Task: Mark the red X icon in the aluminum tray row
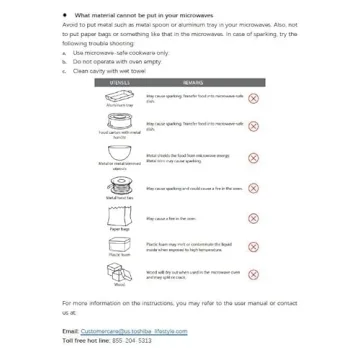pyautogui.click(x=253, y=99)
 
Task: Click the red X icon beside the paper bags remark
pyautogui.click(x=253, y=218)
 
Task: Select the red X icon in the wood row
pyautogui.click(x=253, y=273)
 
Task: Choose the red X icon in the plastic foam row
pyautogui.click(x=253, y=246)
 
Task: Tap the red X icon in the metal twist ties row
pyautogui.click(x=253, y=188)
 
